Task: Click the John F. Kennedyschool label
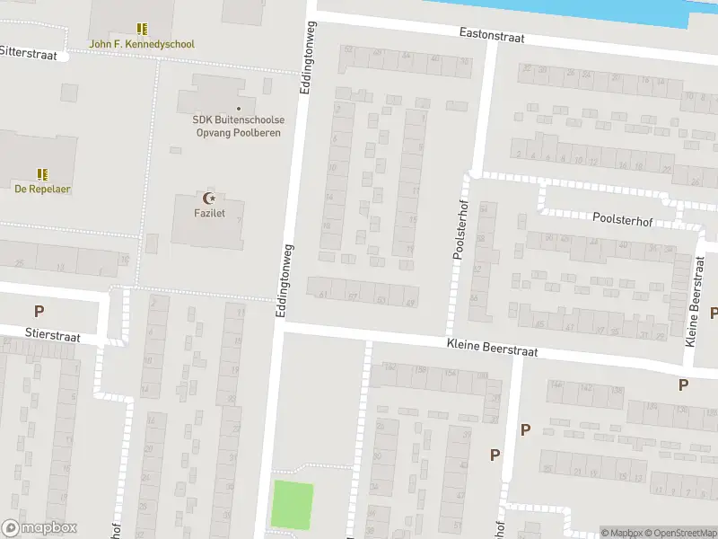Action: (142, 44)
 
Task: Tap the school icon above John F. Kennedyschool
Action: (142, 29)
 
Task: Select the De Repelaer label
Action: (42, 189)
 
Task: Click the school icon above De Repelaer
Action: (42, 173)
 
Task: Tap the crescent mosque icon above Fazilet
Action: (211, 198)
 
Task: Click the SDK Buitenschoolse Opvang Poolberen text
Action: (238, 126)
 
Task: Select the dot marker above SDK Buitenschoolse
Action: (239, 109)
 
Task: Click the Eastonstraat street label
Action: (491, 36)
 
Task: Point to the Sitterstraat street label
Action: (28, 54)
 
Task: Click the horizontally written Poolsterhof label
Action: (622, 218)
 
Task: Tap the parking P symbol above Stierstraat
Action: (39, 312)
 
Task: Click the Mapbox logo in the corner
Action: (39, 528)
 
